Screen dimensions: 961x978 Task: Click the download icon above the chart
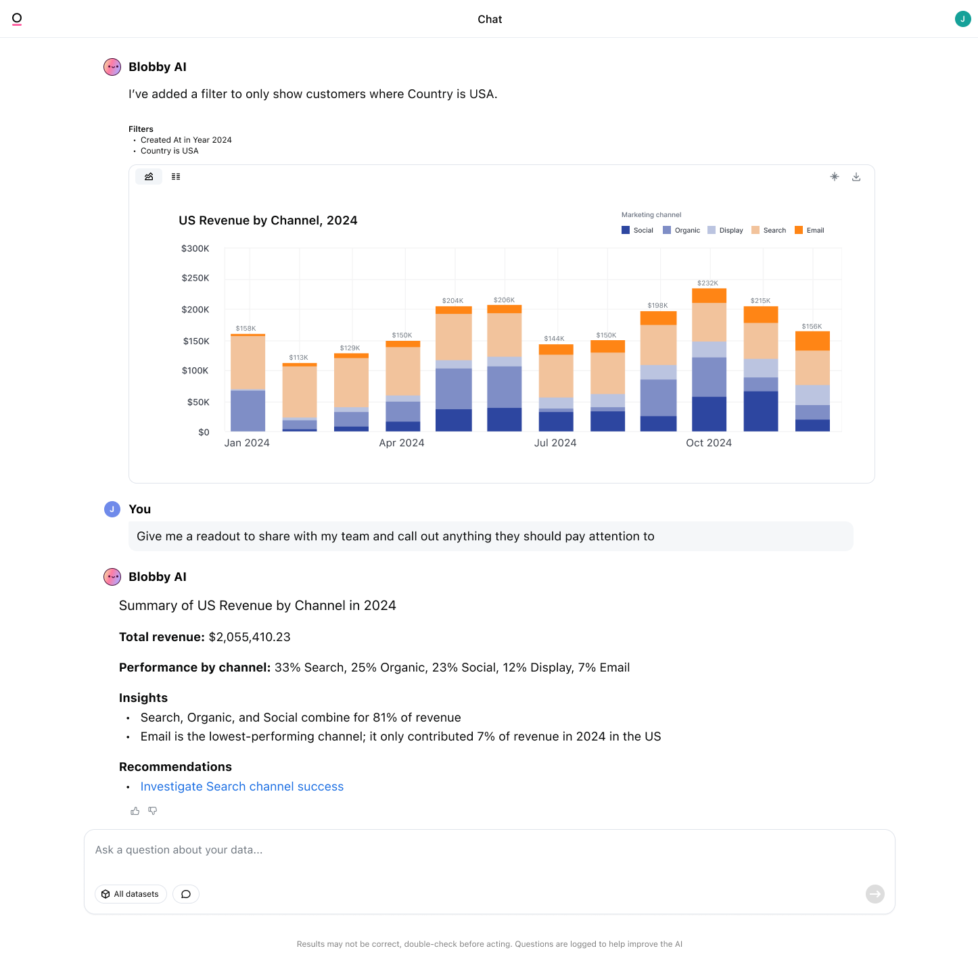pos(856,177)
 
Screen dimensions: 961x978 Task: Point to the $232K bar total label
pos(707,283)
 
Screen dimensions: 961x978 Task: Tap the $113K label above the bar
pos(298,358)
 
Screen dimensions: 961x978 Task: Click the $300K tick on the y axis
pos(195,249)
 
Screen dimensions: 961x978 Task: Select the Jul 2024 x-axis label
pos(555,443)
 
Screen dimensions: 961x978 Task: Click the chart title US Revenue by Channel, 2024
pos(268,220)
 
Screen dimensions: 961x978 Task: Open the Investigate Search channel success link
pos(242,787)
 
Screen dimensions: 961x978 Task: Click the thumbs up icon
pos(135,811)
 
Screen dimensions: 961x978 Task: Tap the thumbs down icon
pos(153,811)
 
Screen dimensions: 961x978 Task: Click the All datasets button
pos(131,894)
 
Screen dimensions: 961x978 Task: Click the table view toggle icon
pos(176,177)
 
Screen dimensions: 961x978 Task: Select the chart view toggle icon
pos(149,177)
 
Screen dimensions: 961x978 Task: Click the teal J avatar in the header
pos(962,19)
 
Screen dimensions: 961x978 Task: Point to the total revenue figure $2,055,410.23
pos(250,637)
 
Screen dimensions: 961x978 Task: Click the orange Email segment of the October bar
pos(709,296)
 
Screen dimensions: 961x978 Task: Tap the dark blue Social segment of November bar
pos(761,411)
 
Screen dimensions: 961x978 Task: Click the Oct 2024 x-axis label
pos(709,443)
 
